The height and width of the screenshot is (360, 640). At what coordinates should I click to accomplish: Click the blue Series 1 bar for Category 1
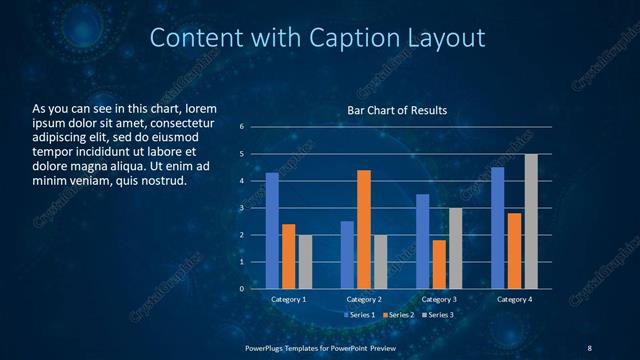(x=272, y=231)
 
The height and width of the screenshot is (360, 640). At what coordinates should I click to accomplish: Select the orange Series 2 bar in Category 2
(x=363, y=229)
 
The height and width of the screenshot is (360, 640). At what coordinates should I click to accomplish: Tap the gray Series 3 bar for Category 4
(x=531, y=221)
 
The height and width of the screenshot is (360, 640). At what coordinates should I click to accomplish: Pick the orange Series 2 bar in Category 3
(x=439, y=264)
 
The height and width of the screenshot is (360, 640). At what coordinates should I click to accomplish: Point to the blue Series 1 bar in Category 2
(x=347, y=255)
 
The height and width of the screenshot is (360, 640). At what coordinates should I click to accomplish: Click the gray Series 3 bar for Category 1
(x=305, y=262)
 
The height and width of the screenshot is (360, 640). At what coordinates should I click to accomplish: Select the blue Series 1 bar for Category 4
(x=498, y=228)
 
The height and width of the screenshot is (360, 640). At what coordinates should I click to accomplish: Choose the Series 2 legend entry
(x=399, y=315)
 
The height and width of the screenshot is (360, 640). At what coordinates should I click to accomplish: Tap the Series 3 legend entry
(x=438, y=315)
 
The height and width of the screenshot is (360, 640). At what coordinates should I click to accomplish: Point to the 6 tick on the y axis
(x=242, y=127)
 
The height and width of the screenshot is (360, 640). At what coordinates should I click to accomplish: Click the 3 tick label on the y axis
(x=242, y=208)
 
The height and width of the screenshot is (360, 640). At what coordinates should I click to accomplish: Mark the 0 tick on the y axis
(x=242, y=289)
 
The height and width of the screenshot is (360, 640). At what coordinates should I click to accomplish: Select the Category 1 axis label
(x=289, y=299)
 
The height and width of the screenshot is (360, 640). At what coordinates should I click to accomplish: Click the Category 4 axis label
(x=515, y=299)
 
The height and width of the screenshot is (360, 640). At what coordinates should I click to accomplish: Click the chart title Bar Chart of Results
(x=397, y=110)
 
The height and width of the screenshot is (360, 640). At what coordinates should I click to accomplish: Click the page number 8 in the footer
(x=589, y=346)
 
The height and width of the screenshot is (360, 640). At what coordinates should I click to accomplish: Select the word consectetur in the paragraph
(x=180, y=122)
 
